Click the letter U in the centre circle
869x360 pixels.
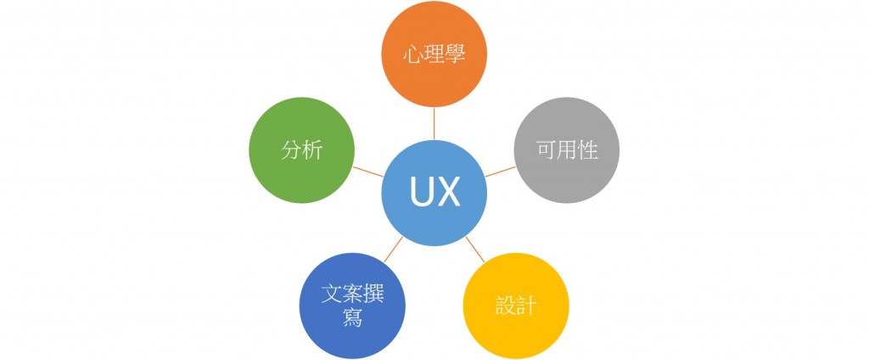423,194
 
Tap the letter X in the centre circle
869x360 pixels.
448,194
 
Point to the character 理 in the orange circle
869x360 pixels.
434,53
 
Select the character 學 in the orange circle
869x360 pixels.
455,53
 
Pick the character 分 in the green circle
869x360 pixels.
292,150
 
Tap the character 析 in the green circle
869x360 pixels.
313,150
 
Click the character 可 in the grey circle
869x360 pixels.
547,150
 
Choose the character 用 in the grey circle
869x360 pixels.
568,150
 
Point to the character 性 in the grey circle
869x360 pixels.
589,150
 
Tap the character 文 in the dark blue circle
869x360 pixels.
332,294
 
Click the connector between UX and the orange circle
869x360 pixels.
434,124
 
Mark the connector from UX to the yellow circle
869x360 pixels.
475,249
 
